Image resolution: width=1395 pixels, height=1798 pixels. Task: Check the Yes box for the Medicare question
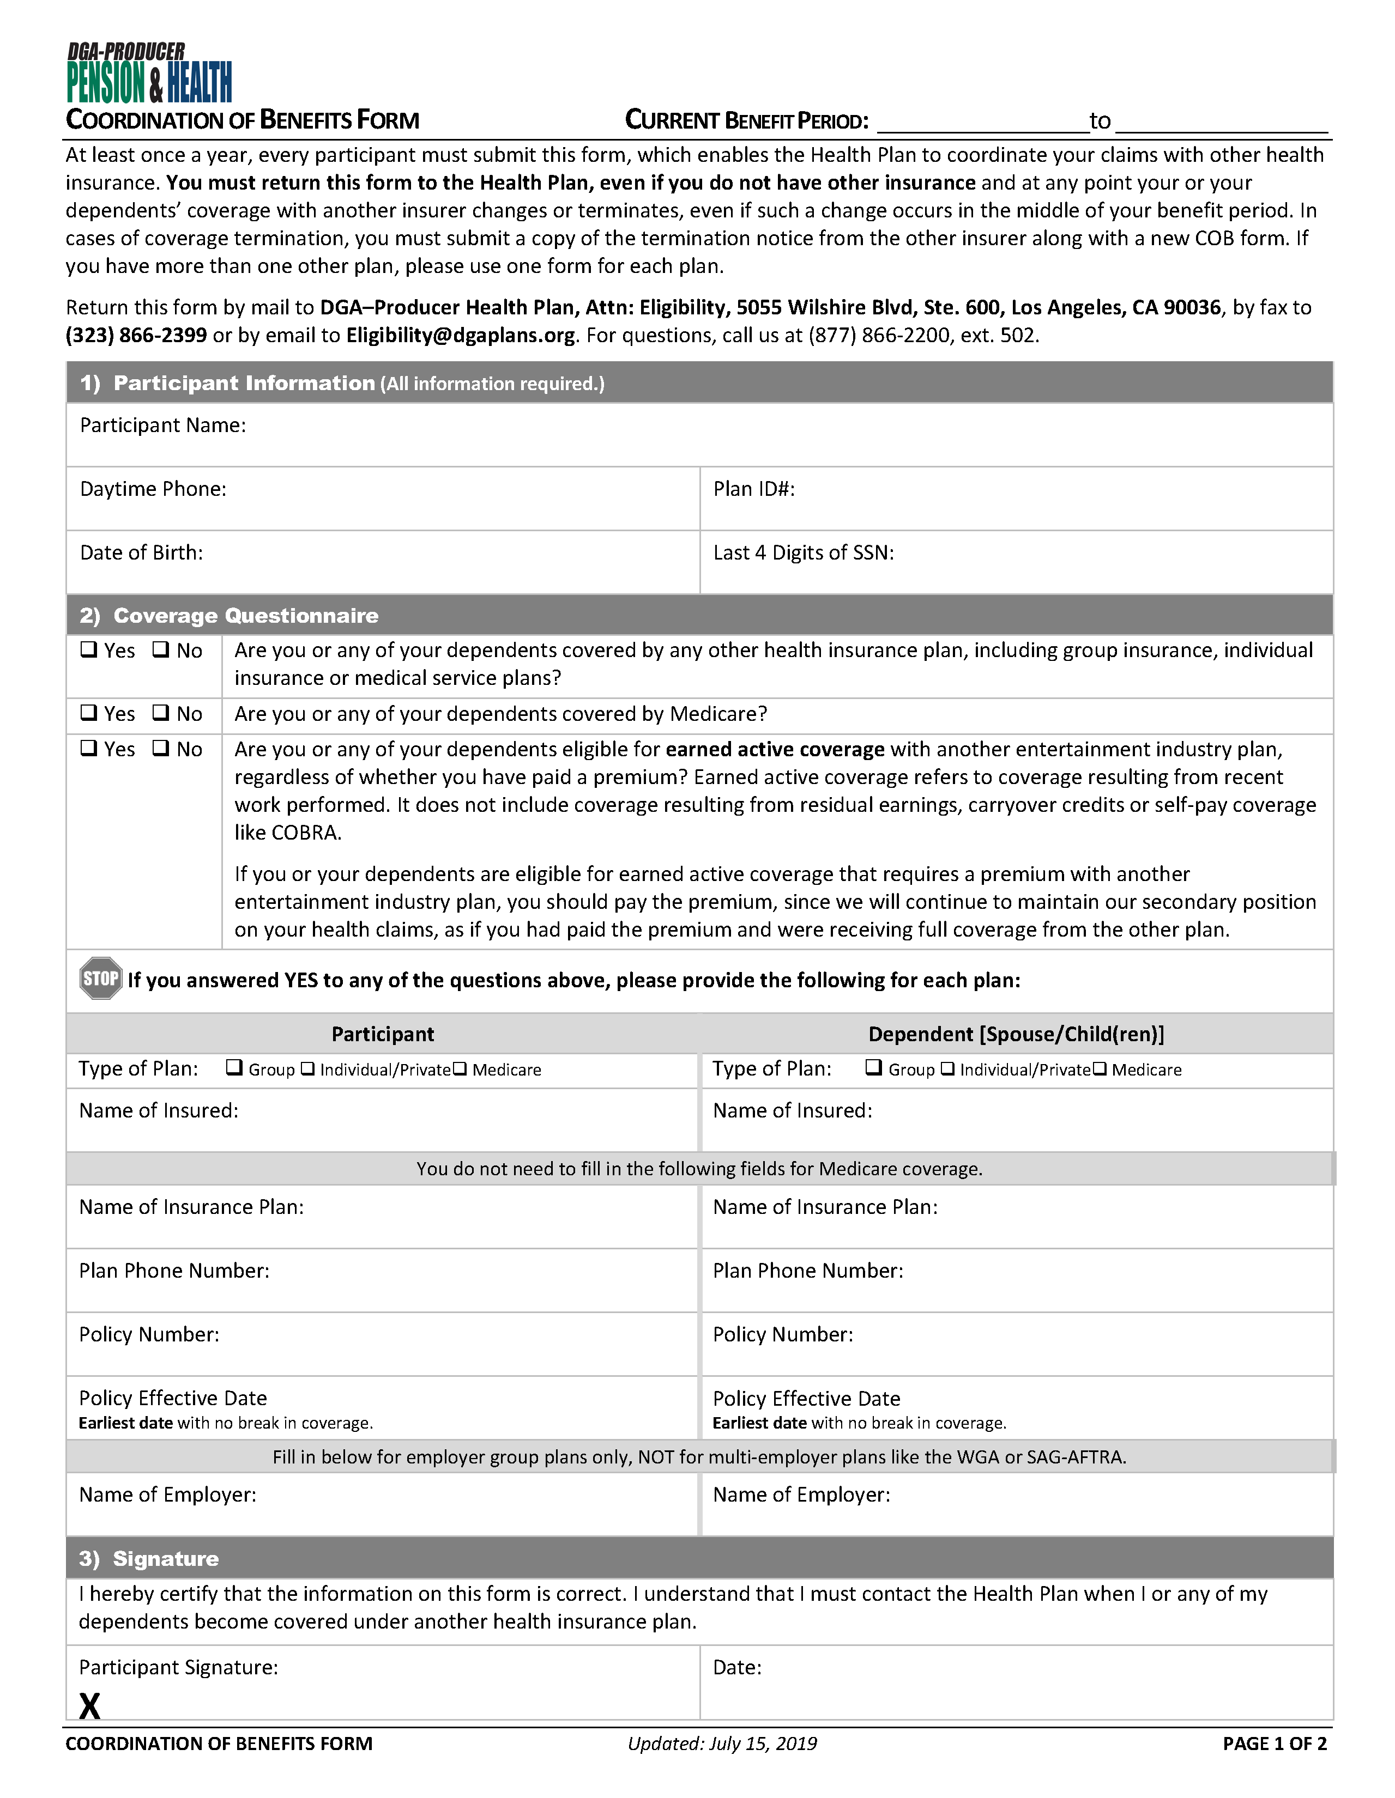(88, 713)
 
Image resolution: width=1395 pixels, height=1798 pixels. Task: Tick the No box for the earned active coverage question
(161, 748)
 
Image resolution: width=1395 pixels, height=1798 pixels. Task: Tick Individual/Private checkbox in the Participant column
(307, 1068)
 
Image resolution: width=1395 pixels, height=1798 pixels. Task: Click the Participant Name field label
(163, 426)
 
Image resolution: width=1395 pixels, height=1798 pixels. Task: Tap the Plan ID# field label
(753, 489)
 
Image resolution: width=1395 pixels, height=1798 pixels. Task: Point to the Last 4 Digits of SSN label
(803, 552)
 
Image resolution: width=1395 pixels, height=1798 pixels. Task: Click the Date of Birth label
(141, 552)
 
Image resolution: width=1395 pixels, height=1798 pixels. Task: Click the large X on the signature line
(90, 1706)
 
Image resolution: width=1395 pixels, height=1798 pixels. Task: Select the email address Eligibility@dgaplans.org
(460, 336)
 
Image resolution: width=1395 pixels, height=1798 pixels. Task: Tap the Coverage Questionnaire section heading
(245, 616)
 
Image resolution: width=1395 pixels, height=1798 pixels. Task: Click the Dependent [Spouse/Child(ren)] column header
(1016, 1034)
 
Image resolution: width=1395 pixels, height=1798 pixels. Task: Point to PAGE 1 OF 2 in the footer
(1274, 1744)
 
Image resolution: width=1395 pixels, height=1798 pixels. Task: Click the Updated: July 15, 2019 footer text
(722, 1744)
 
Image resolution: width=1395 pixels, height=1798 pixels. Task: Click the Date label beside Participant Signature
(737, 1667)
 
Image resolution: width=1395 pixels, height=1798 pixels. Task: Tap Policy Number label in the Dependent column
(782, 1334)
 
